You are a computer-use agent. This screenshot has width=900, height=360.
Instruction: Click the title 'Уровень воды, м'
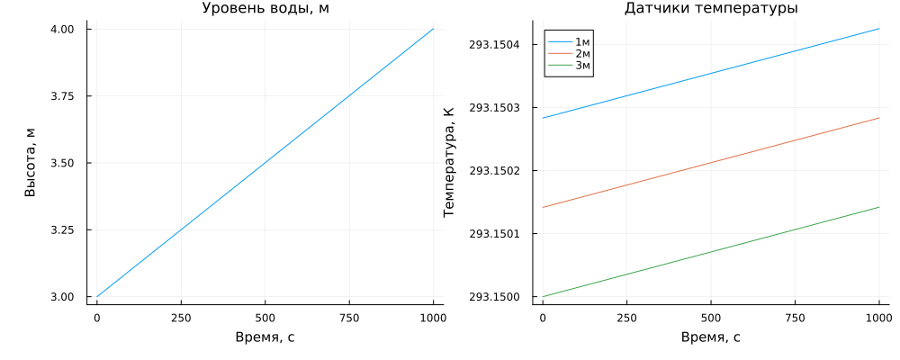(x=265, y=9)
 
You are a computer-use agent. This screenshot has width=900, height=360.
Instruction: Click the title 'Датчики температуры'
(x=711, y=9)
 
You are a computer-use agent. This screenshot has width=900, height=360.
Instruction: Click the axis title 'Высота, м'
(x=31, y=163)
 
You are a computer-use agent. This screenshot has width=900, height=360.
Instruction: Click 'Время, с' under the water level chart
(x=265, y=337)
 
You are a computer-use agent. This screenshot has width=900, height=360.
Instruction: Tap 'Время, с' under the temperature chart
(x=711, y=337)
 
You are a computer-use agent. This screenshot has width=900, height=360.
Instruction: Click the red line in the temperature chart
(x=711, y=163)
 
